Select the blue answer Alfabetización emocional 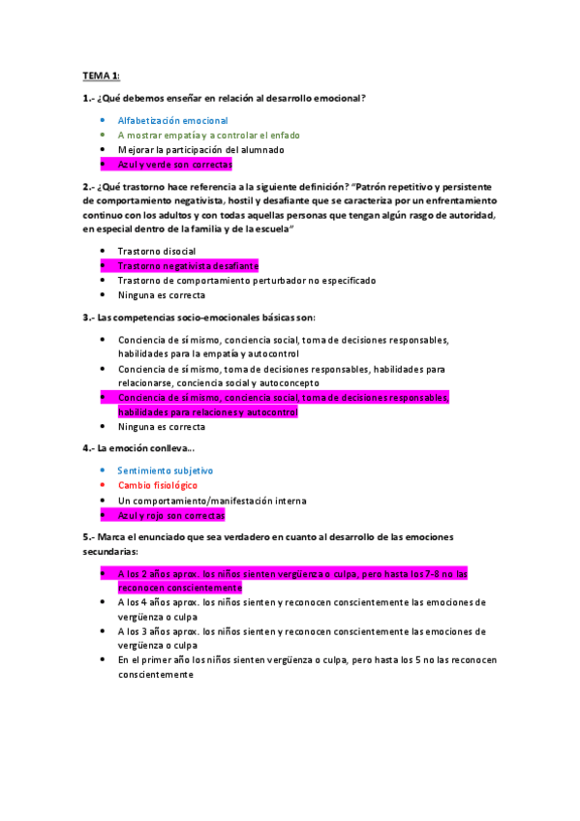click(172, 120)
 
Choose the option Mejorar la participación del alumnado click(200, 150)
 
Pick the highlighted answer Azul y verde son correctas click(175, 165)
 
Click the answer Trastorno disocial click(156, 251)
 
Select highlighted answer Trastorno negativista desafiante click(188, 265)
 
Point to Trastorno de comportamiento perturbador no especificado click(247, 281)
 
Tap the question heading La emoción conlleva click(139, 448)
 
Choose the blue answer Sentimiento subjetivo click(165, 471)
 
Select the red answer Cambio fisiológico click(158, 485)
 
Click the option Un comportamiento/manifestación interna click(212, 501)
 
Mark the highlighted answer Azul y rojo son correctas click(171, 515)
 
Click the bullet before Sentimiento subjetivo click(103, 471)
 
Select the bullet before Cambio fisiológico click(103, 485)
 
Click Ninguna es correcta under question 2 click(161, 295)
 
